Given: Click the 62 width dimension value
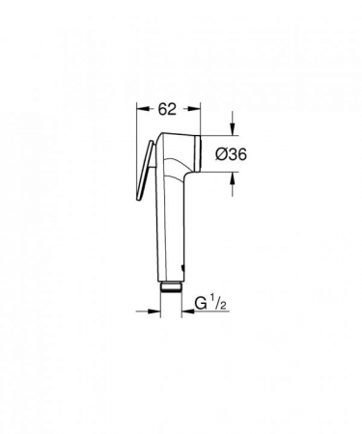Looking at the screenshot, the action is point(167,109).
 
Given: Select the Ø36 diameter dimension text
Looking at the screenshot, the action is point(231,154).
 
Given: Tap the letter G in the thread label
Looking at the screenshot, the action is point(201,303).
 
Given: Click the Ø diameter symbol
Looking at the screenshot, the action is point(221,154).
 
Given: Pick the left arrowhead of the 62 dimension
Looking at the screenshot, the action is point(143,109).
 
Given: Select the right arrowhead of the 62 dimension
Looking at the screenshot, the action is point(194,109).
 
